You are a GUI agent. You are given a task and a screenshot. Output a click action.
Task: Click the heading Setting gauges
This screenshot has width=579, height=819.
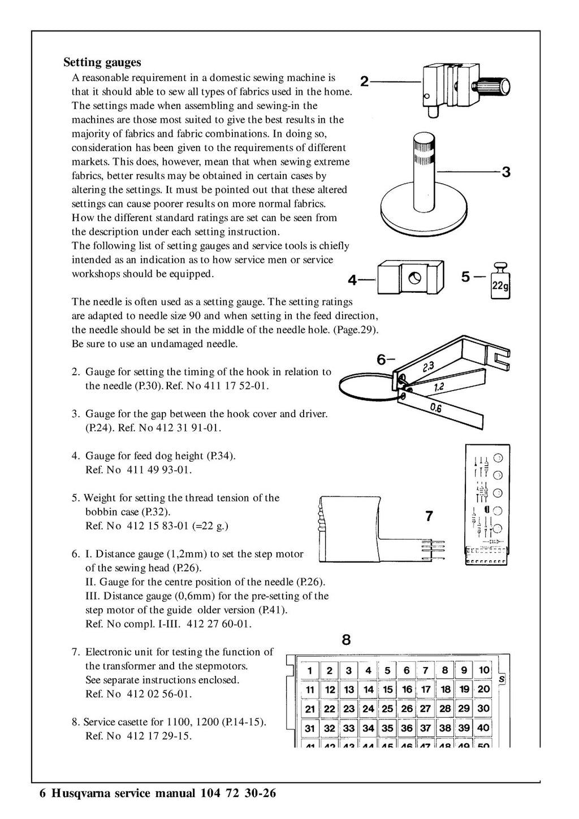click(x=102, y=62)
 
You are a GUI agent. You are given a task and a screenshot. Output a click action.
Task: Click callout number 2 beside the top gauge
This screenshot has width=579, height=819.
click(x=365, y=81)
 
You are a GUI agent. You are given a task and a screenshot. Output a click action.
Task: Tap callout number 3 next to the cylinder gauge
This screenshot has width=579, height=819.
click(x=506, y=172)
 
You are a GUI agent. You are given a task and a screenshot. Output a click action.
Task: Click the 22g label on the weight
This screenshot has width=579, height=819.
click(x=500, y=287)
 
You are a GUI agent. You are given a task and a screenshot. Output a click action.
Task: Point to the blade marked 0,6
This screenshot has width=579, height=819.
click(x=440, y=408)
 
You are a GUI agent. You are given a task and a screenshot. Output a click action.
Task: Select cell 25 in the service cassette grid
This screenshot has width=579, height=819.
click(x=387, y=709)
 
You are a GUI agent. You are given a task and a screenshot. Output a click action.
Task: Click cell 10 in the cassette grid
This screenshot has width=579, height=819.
click(x=484, y=670)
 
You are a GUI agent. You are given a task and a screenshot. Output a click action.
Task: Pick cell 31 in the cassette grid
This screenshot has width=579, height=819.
click(x=310, y=729)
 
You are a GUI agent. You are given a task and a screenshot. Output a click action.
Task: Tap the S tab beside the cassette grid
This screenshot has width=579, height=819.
click(x=502, y=679)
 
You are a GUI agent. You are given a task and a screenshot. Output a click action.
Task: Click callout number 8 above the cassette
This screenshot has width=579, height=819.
click(x=346, y=640)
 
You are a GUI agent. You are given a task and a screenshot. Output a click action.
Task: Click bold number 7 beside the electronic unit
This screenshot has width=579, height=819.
click(x=429, y=516)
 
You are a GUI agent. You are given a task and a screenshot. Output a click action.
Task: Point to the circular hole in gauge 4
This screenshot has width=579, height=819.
click(x=413, y=278)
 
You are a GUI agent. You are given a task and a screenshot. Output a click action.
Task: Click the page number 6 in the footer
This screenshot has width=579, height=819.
click(x=43, y=794)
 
